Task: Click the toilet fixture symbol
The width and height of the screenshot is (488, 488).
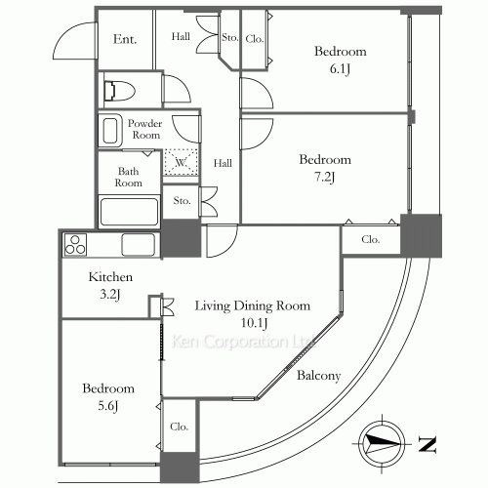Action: tap(119, 91)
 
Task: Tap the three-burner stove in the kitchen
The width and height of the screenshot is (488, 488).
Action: tap(75, 245)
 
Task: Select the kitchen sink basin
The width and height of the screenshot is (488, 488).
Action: tap(139, 245)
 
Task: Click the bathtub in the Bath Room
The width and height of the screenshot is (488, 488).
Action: tap(129, 212)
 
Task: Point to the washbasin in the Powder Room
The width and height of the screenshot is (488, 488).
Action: tap(110, 130)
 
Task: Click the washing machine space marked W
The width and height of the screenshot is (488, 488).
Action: tap(181, 162)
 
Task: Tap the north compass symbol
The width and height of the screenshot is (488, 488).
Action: tap(382, 444)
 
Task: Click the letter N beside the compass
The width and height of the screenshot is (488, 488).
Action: tap(427, 444)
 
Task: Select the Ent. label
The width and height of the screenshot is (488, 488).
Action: tap(125, 39)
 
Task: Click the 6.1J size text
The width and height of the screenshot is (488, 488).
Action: tap(340, 69)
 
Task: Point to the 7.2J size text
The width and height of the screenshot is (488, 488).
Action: tap(325, 178)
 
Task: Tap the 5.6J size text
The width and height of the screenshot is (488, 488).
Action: tap(108, 406)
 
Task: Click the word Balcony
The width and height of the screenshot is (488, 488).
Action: tap(319, 376)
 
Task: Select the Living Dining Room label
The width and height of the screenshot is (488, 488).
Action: tap(253, 305)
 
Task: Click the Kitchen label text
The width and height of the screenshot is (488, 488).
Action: tap(110, 277)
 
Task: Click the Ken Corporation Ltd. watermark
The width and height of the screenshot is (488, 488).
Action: tap(243, 342)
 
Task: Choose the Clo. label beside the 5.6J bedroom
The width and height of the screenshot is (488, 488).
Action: tap(179, 427)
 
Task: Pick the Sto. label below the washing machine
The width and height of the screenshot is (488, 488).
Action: tap(182, 201)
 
